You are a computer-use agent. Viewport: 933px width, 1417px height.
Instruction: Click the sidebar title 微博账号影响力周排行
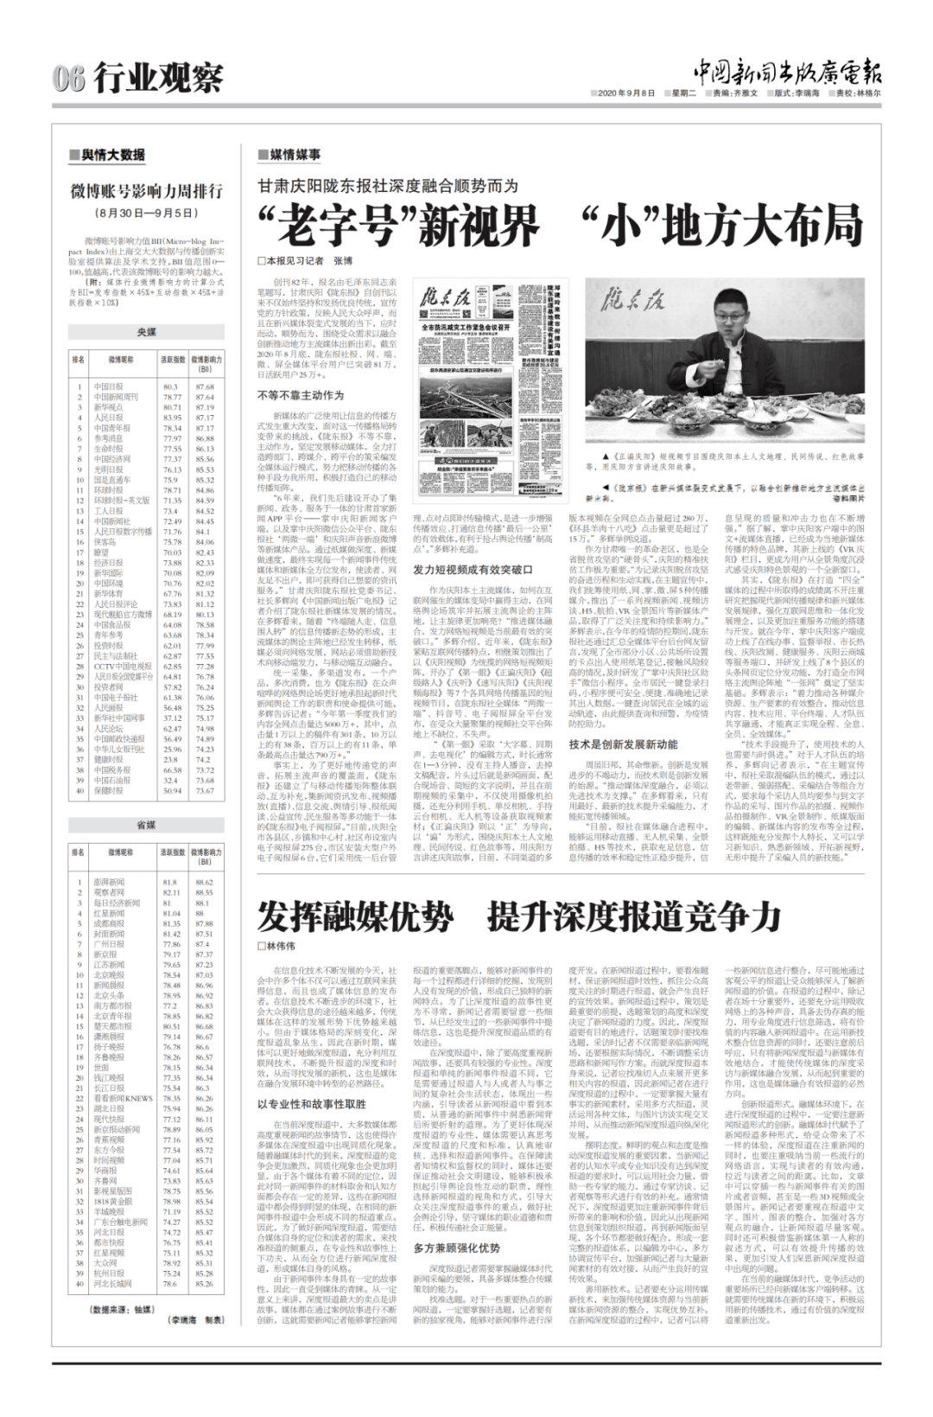[x=147, y=191]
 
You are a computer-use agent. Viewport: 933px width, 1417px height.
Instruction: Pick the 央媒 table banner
[x=147, y=331]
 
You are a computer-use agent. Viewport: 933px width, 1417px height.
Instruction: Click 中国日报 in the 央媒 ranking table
[x=108, y=386]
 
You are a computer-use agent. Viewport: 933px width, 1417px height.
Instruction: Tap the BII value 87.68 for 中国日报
[x=205, y=386]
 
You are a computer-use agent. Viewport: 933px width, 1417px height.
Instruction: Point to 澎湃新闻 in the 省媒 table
[x=109, y=882]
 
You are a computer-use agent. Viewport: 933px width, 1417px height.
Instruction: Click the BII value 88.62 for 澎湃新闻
[x=204, y=882]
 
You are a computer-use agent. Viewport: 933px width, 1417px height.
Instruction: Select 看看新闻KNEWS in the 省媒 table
[x=123, y=1099]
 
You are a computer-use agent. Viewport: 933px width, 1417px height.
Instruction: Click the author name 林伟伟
[x=281, y=946]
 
